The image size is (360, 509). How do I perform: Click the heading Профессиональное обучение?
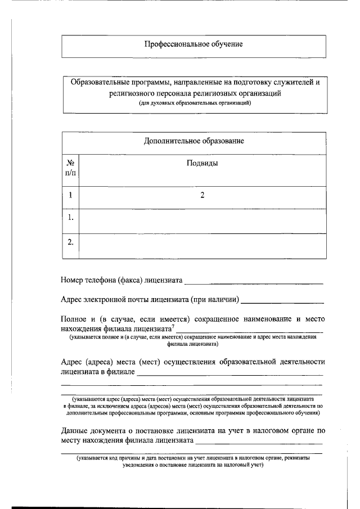click(x=193, y=44)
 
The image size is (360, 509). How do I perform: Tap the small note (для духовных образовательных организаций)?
click(x=193, y=103)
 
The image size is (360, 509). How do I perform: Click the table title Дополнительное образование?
click(x=193, y=141)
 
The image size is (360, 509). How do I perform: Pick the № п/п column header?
click(x=70, y=168)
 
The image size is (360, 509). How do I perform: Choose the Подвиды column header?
click(x=202, y=163)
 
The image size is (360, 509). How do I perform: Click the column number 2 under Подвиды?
click(x=202, y=196)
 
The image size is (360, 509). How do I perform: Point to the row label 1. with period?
click(x=71, y=218)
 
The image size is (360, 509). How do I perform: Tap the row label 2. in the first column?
click(x=71, y=242)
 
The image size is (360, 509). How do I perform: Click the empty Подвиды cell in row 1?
click(x=202, y=219)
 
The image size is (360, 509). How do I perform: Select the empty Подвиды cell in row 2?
click(x=202, y=245)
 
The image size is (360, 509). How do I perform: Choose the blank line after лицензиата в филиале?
click(x=230, y=373)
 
